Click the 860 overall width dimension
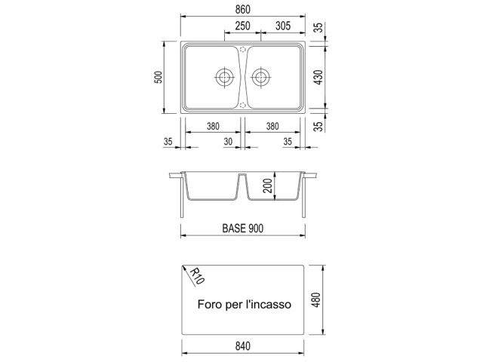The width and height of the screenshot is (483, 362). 243,10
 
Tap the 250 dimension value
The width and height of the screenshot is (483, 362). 243,26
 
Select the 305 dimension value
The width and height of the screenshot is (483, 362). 283,26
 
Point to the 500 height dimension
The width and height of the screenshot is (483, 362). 158,77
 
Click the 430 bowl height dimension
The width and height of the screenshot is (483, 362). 319,77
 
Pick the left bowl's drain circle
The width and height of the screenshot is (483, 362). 224,77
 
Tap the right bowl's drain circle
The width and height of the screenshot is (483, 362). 261,77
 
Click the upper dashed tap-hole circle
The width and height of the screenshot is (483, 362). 243,49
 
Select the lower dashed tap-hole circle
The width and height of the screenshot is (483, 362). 243,105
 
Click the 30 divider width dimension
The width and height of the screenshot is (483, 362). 228,142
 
